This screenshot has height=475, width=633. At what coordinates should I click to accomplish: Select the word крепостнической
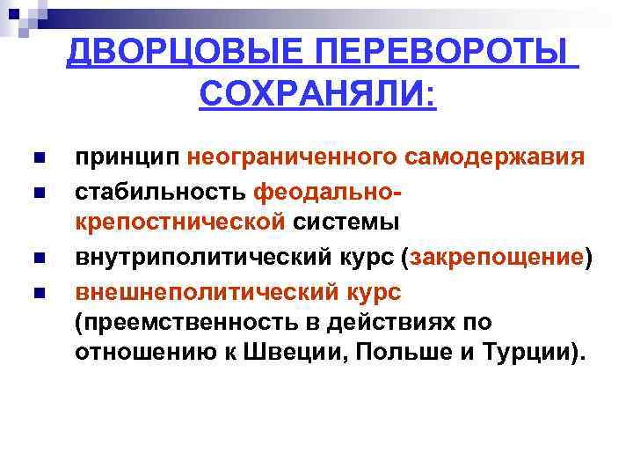click(180, 222)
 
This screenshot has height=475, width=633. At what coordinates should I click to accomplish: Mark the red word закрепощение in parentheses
click(497, 258)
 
